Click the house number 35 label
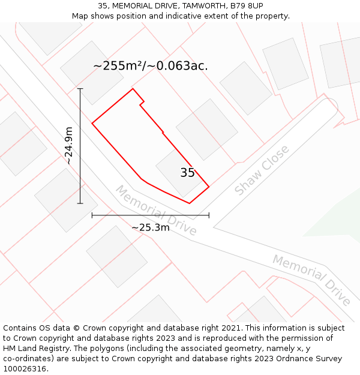coord(187,173)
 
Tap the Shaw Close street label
coord(262,170)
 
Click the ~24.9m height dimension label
coord(69,146)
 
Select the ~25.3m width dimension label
coord(150,227)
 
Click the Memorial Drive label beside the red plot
coord(156,211)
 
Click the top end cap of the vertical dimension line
coord(80,89)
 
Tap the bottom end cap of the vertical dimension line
coord(80,203)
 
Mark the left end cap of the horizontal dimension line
coord(92,215)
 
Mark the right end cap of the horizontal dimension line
coord(209,215)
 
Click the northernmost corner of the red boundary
coord(133,89)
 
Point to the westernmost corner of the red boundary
coord(92,123)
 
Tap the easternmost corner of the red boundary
coord(209,187)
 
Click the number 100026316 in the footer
coord(25,369)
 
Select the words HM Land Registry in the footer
coord(34,349)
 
